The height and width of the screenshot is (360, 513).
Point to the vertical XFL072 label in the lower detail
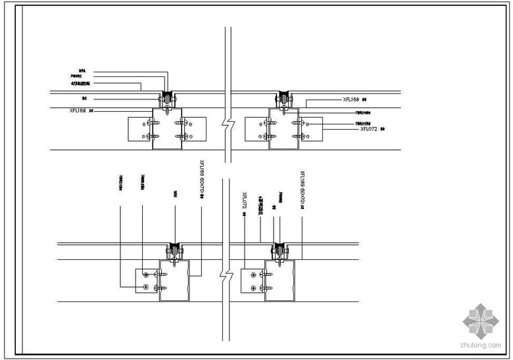[x=245, y=201]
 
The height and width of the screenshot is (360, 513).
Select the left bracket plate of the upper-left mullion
[x=139, y=129]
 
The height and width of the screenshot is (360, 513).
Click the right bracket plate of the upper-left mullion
[x=195, y=129]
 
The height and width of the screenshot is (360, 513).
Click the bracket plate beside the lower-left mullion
[x=147, y=280]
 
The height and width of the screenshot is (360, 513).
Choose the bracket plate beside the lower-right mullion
[x=253, y=280]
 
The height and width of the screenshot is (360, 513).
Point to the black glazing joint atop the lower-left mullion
[x=174, y=249]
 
